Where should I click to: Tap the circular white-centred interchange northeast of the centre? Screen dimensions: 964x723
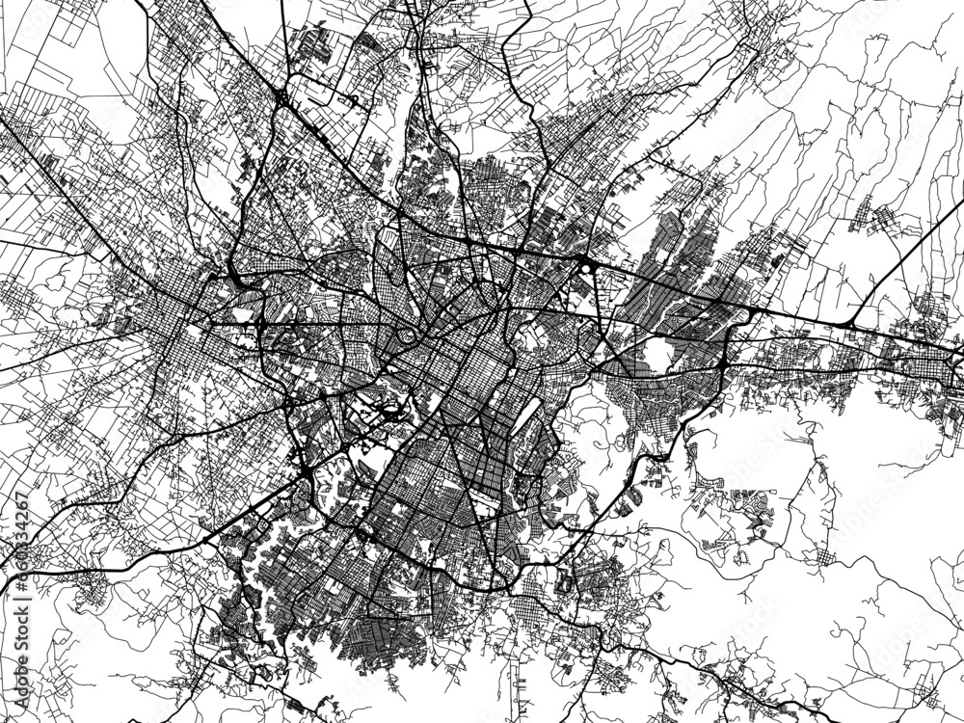584,264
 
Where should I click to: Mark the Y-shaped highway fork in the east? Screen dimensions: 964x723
848,318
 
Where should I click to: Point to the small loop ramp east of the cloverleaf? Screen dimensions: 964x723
353,100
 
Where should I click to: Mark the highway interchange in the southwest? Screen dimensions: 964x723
307,470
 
